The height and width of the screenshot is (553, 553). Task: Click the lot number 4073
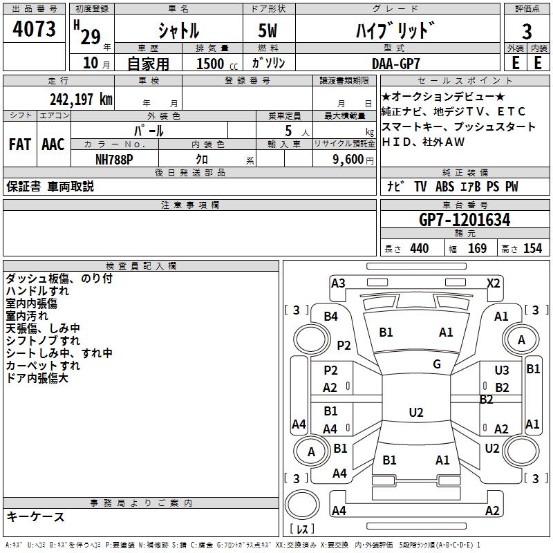[34, 30]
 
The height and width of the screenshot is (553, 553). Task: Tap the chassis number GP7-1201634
[465, 220]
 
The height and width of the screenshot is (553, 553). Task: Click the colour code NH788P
[115, 158]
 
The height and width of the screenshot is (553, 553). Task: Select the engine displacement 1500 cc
[213, 64]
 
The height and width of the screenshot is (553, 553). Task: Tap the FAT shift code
[19, 144]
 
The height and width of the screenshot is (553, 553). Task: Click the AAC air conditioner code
[53, 144]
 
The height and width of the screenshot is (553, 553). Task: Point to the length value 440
[419, 249]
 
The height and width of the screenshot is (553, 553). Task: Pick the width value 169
[477, 249]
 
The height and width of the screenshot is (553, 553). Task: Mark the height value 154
[532, 249]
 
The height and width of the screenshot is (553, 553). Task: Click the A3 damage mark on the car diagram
[338, 283]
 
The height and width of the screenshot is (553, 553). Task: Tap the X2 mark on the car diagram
[493, 283]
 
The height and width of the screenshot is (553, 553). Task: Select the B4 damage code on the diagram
[331, 316]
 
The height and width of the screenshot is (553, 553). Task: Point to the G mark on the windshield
[437, 364]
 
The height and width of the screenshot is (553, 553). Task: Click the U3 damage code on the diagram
[502, 371]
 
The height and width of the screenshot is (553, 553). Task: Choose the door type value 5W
[269, 31]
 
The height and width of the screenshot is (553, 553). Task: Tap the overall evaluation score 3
[527, 31]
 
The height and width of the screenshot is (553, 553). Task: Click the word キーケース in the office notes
[36, 516]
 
